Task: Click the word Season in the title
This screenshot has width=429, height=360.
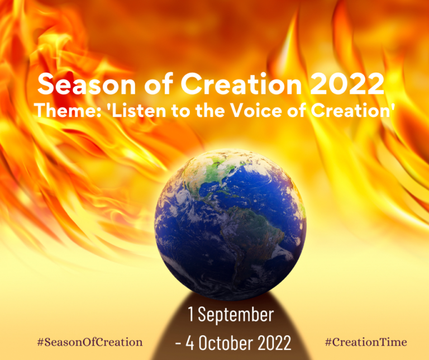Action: [78, 85]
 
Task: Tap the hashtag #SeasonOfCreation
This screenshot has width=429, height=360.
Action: [89, 342]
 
